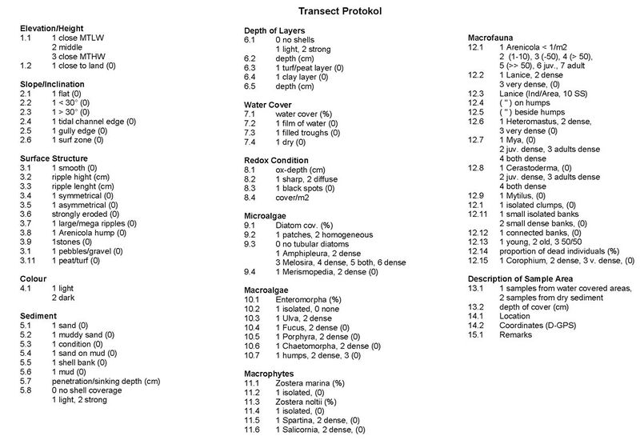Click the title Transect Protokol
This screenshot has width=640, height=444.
tap(319, 12)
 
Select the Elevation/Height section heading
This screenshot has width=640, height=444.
tap(54, 29)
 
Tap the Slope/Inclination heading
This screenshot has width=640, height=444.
tap(55, 83)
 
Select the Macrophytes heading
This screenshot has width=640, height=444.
tap(272, 373)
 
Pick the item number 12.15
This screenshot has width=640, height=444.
tap(478, 261)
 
